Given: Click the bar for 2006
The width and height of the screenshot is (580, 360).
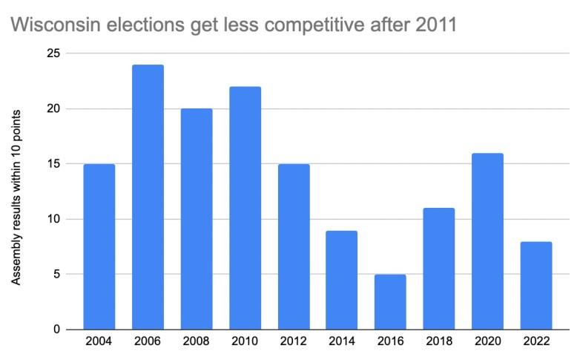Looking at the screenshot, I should pos(148,197).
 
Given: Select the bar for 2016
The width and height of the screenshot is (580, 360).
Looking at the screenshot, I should pos(390,301).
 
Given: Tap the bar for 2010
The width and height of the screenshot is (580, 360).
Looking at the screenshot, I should pos(245,208).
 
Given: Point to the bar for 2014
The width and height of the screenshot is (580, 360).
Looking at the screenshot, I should pos(342,280).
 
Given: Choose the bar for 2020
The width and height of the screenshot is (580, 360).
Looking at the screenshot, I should pos(487,241).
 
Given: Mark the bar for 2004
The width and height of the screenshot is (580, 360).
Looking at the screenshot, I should pos(99,246).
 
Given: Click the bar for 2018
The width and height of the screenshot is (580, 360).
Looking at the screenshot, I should pos(439,269).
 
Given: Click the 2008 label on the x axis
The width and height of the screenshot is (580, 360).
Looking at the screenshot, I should pos(196,343).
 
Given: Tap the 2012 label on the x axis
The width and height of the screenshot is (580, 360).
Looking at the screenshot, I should pos(293,343).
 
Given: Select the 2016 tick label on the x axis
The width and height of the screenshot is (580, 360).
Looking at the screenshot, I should pos(390,343).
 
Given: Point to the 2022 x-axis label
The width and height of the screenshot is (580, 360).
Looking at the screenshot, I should pos(535,343).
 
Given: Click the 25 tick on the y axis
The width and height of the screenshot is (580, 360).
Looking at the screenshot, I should pos(52,53).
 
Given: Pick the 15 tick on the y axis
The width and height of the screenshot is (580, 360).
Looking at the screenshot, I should pos(52,164).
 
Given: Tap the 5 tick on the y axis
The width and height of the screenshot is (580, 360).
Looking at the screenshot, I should pos(56,274).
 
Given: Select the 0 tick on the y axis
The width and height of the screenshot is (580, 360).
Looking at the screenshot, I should pos(56,330).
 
